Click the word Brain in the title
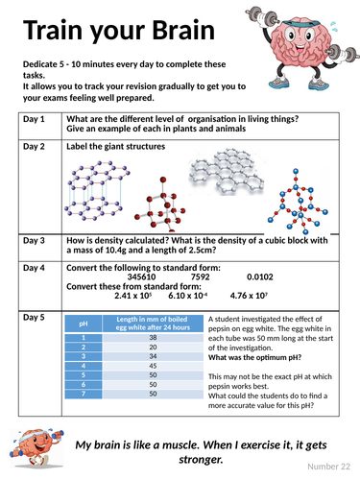tap(183, 30)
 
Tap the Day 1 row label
tap(34, 119)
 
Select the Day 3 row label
tap(34, 240)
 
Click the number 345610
tap(141, 276)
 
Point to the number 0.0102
tap(260, 276)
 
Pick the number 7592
tap(201, 276)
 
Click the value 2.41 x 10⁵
tap(133, 296)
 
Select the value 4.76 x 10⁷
tap(249, 296)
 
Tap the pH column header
tap(84, 324)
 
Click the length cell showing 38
tap(153, 338)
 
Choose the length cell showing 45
tap(153, 366)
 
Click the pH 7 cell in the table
tap(84, 394)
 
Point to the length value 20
tap(153, 348)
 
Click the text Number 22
tap(328, 467)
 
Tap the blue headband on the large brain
tap(300, 23)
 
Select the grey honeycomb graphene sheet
tap(227, 171)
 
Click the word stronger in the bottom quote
tap(201, 460)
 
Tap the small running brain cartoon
tap(36, 448)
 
